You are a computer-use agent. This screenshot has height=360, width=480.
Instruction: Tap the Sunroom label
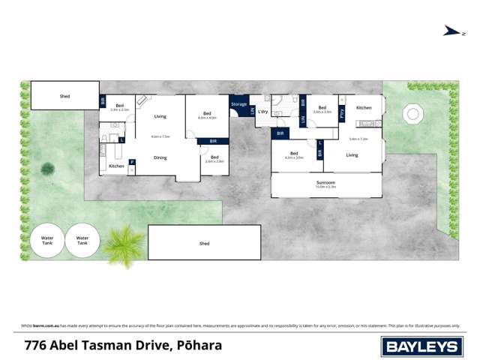pyautogui.click(x=325, y=182)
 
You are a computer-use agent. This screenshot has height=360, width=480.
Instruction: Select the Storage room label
pyautogui.click(x=238, y=103)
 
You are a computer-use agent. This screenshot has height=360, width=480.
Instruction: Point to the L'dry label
pyautogui.click(x=263, y=112)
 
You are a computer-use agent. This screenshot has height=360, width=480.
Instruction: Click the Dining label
pyautogui.click(x=160, y=157)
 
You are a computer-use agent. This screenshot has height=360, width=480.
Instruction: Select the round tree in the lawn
pyautogui.click(x=48, y=168)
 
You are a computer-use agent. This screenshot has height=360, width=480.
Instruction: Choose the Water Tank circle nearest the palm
pyautogui.click(x=82, y=241)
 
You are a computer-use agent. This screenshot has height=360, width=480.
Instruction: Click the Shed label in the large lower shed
pyautogui.click(x=204, y=244)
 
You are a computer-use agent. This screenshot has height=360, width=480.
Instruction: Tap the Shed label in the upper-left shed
pyautogui.click(x=64, y=96)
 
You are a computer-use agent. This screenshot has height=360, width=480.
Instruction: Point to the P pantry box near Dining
pyautogui.click(x=132, y=162)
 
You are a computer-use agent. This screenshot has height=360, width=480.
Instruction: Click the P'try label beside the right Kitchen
pyautogui.click(x=342, y=115)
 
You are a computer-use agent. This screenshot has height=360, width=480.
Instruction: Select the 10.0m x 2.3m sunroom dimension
pyautogui.click(x=325, y=187)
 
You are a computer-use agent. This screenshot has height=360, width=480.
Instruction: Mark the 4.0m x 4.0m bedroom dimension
pyautogui.click(x=207, y=118)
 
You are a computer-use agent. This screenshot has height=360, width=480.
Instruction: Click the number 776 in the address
pyautogui.click(x=33, y=346)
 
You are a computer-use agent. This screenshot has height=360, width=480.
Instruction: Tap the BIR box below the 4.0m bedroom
pyautogui.click(x=214, y=141)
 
